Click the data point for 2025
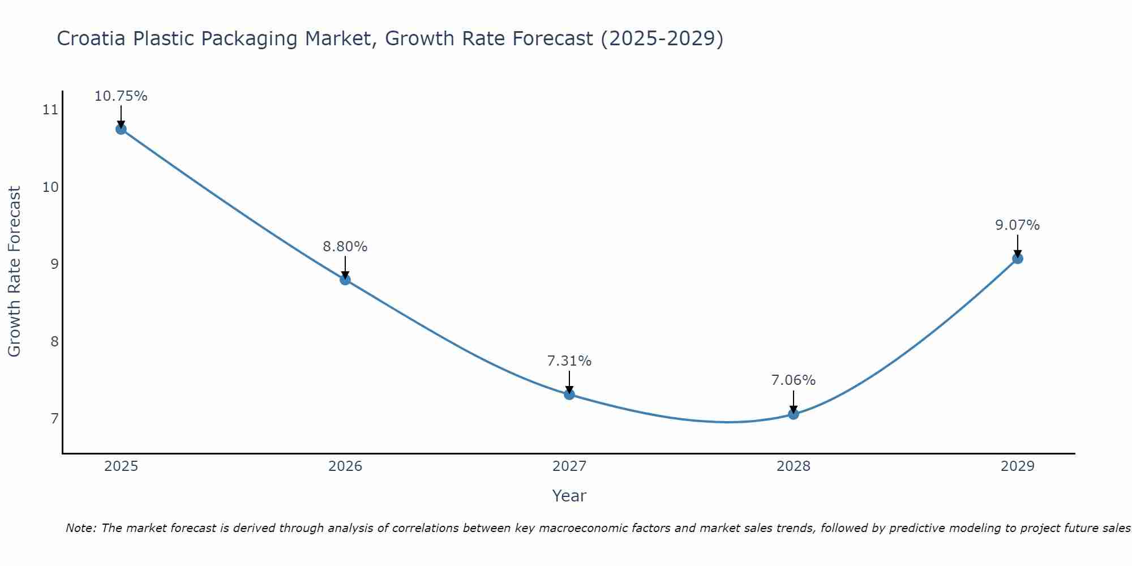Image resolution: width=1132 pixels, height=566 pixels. click(121, 129)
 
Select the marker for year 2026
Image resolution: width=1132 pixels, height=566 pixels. click(345, 280)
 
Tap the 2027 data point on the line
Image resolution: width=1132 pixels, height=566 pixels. click(569, 395)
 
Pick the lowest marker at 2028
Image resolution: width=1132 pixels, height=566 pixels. click(794, 414)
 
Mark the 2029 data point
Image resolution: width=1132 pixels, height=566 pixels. click(1017, 259)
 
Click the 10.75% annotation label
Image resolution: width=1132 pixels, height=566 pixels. click(121, 96)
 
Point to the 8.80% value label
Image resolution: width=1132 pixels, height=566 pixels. click(345, 247)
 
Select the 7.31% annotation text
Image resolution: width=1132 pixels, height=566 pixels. click(569, 361)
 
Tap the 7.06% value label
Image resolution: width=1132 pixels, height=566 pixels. click(794, 380)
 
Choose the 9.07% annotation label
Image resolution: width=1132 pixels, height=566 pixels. click(1017, 225)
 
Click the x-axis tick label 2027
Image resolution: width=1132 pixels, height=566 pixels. click(569, 466)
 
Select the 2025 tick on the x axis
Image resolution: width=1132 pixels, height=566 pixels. click(121, 466)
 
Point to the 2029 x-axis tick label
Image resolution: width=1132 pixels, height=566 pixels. click(1017, 466)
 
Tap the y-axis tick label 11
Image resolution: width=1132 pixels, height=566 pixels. click(50, 110)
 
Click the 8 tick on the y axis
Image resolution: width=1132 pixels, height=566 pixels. click(54, 341)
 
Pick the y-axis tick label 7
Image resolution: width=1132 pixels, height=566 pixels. click(54, 419)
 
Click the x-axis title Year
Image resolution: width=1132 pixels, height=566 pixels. click(569, 496)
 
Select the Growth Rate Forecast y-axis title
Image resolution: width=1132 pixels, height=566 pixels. click(14, 272)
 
